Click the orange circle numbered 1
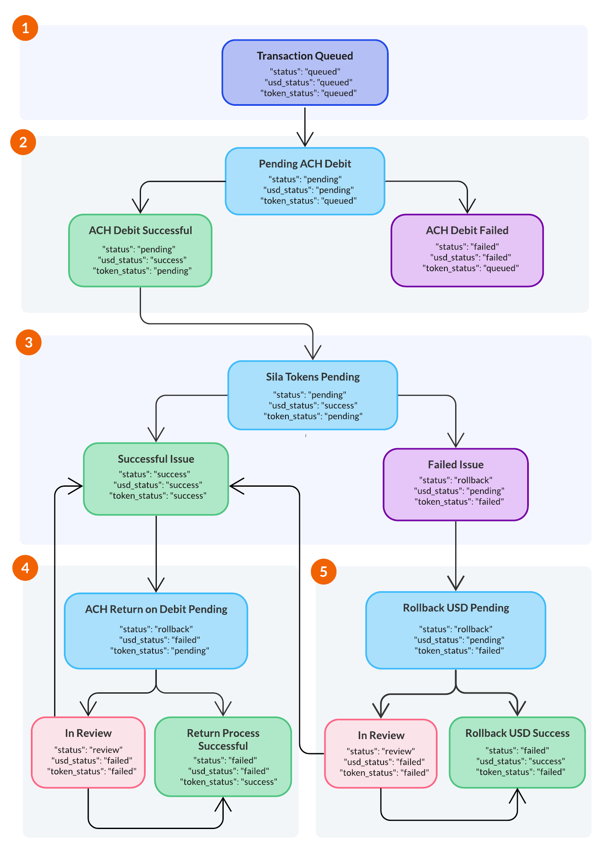tap(25, 28)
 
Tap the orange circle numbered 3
tap(29, 342)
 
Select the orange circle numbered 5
tap(324, 572)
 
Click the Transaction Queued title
tap(305, 56)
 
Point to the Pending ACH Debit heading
tap(305, 164)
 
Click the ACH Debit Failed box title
tap(467, 230)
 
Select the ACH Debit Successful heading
tap(140, 230)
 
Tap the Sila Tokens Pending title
tap(313, 377)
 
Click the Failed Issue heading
tap(456, 465)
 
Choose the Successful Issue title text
tap(156, 459)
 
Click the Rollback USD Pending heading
tap(456, 608)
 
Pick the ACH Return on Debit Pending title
tap(156, 609)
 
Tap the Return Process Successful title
tap(223, 739)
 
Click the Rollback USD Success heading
tap(517, 733)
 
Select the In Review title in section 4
tap(88, 733)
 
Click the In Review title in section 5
tap(381, 736)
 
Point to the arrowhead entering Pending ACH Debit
tap(305, 141)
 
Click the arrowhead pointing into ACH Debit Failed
tap(467, 207)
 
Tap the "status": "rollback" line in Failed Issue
tap(456, 480)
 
